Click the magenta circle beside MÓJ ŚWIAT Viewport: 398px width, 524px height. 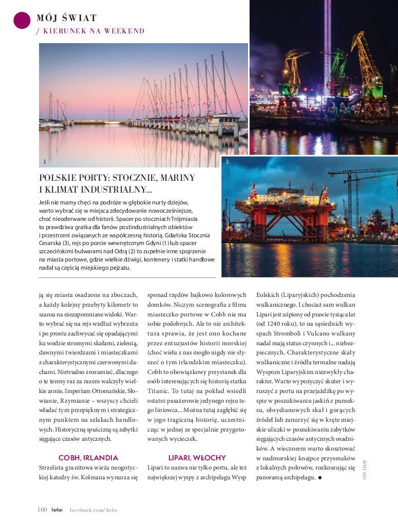click(22, 20)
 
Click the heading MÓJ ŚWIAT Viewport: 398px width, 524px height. click(67, 18)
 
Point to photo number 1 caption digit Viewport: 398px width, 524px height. click(45, 161)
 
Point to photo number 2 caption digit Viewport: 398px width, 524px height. click(255, 149)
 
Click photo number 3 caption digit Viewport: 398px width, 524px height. click(227, 162)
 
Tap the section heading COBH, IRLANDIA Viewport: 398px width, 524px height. click(88, 457)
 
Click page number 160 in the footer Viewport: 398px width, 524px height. click(42, 510)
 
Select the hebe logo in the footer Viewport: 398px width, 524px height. click(56, 510)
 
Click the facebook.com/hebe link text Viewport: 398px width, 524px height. click(94, 510)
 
